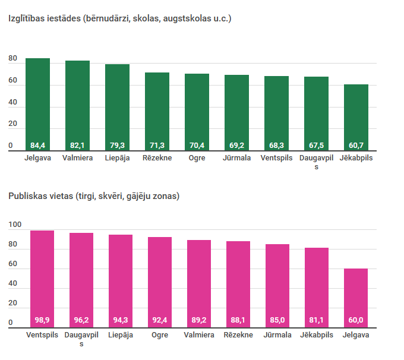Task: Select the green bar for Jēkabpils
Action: (x=356, y=116)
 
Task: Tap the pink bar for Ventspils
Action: (x=42, y=276)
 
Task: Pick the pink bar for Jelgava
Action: (x=356, y=294)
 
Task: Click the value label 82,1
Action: (x=77, y=145)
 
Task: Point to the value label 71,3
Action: (x=157, y=145)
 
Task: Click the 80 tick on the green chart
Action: (x=13, y=59)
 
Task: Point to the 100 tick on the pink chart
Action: (x=15, y=225)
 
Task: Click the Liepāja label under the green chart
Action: (x=117, y=158)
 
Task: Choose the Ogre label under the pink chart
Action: (x=160, y=335)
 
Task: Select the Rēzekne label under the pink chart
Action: (x=238, y=335)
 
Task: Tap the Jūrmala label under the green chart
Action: (x=237, y=158)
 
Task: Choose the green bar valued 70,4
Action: (x=197, y=110)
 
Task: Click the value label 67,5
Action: (x=317, y=145)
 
